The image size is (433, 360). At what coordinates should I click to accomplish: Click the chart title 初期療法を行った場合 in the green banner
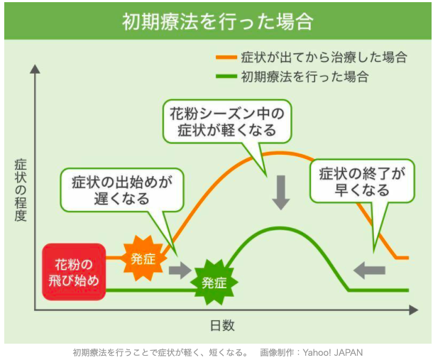[218, 21]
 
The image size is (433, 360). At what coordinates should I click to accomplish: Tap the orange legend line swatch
[226, 58]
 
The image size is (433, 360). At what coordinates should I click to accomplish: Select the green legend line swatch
[226, 76]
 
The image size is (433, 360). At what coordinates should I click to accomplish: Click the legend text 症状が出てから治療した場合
[324, 58]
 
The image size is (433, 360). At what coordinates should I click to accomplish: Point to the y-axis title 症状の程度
[21, 190]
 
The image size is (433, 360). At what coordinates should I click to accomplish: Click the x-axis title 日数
[222, 325]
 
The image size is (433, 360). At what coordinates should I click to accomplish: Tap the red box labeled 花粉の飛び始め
[74, 272]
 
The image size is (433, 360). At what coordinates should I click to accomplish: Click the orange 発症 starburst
[143, 258]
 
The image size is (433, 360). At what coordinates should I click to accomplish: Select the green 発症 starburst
[214, 283]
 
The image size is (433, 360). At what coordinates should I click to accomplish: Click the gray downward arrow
[281, 192]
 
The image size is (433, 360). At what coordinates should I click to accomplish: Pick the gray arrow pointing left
[369, 270]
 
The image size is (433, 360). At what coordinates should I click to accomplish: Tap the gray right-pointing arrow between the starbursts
[180, 270]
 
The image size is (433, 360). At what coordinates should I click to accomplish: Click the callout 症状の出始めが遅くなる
[122, 190]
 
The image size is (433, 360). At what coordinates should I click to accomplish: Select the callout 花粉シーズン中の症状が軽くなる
[226, 122]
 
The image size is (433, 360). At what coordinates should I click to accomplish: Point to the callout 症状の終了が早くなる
[362, 181]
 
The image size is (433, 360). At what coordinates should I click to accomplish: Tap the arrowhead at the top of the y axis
[35, 69]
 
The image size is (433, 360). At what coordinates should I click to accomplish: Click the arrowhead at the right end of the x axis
[413, 310]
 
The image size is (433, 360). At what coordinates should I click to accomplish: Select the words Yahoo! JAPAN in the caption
[332, 352]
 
